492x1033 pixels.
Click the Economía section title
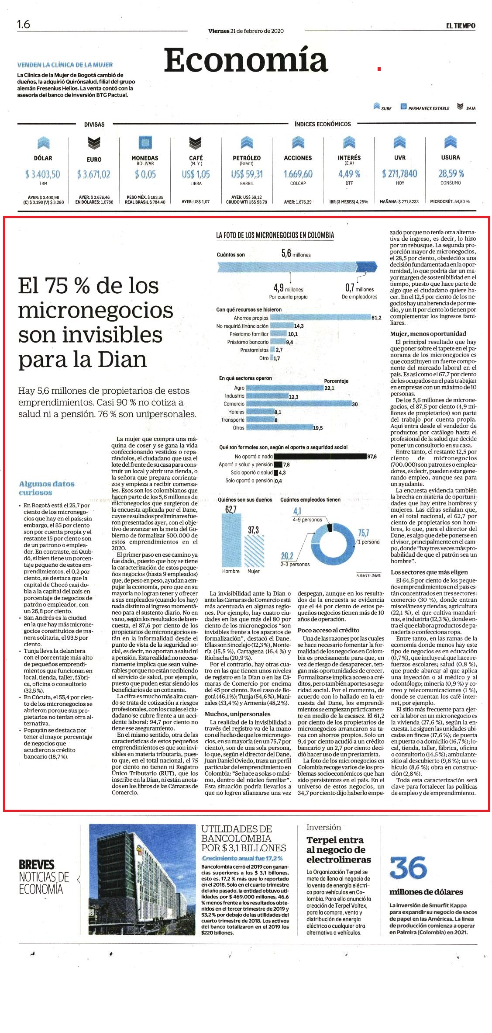click(246, 60)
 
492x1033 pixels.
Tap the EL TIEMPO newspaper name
click(461, 26)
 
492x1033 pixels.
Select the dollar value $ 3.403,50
click(43, 174)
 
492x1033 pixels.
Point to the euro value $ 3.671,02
click(94, 174)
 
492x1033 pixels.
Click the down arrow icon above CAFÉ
click(196, 142)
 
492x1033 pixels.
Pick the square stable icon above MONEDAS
click(145, 142)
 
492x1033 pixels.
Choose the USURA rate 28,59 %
click(451, 173)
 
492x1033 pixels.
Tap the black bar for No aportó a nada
click(320, 456)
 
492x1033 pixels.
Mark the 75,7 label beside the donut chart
click(363, 533)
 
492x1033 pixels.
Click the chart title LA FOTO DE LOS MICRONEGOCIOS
click(275, 235)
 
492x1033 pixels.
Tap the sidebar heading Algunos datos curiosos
click(47, 488)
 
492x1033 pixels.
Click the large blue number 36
click(408, 867)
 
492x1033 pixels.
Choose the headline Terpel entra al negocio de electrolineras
click(339, 849)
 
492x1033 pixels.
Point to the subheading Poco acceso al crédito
click(328, 630)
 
